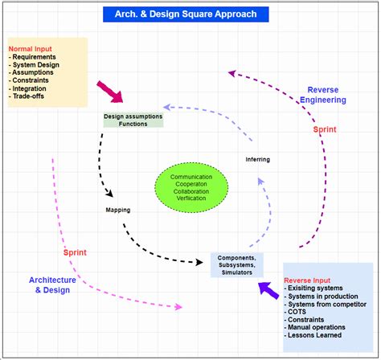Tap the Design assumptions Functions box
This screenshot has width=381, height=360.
[x=133, y=120]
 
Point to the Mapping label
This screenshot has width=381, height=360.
[x=118, y=211]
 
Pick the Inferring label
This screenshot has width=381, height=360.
[x=257, y=159]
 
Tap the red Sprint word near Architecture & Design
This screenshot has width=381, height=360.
[x=76, y=254]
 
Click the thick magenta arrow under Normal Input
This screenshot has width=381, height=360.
[x=109, y=92]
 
